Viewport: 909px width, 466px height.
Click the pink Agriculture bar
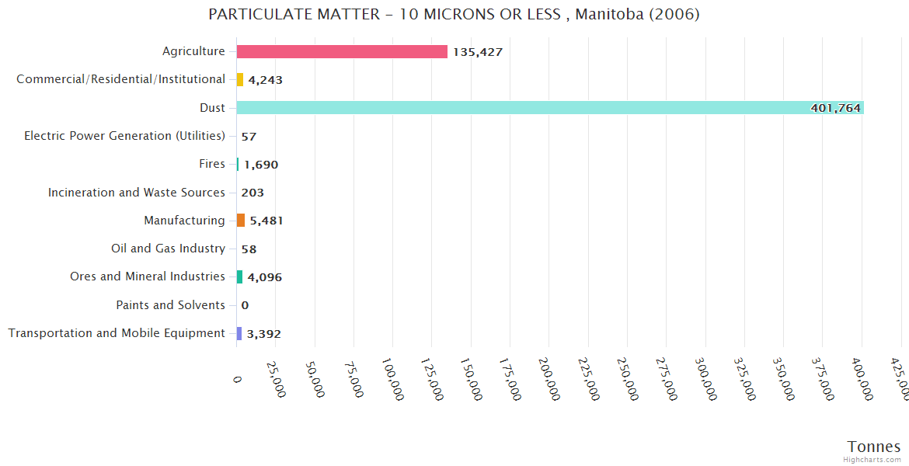tap(342, 51)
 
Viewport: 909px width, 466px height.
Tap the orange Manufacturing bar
tap(241, 221)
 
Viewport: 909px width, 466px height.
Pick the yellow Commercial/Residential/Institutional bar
tap(240, 79)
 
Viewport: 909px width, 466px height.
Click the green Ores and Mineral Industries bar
tap(240, 277)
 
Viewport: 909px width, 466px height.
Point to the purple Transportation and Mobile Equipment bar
tap(239, 333)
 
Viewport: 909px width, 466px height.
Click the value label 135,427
tap(478, 52)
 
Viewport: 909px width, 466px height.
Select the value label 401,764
tap(835, 108)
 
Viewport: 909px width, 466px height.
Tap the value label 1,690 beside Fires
tap(261, 165)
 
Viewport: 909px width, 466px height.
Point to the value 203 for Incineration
tap(252, 193)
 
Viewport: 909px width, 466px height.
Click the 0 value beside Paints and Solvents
tap(245, 305)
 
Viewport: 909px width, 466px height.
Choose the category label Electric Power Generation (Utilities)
tap(124, 136)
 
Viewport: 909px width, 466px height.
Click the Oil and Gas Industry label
tap(168, 249)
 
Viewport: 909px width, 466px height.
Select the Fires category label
tap(212, 164)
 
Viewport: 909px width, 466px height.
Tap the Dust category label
tap(212, 108)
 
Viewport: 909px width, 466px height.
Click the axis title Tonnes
tap(873, 447)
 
